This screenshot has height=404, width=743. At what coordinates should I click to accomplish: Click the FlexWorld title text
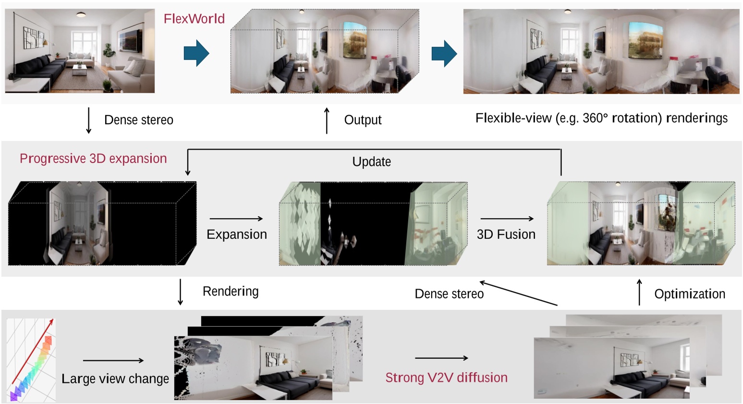194,19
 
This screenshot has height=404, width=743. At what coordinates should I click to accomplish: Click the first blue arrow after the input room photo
196,53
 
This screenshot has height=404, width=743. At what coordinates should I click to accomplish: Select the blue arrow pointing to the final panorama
444,53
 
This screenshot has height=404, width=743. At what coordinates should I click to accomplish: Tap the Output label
363,120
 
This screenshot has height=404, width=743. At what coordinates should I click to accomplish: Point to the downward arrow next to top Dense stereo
88,120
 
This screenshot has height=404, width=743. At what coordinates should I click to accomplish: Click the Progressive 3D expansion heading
93,158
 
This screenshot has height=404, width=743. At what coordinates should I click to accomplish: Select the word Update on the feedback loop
371,162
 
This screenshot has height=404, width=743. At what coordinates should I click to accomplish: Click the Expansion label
236,234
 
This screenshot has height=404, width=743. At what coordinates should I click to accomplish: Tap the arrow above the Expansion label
236,219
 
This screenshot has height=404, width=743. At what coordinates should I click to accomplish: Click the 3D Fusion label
506,234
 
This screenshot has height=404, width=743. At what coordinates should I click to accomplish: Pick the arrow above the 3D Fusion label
507,219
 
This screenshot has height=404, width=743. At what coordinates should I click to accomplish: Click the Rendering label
231,291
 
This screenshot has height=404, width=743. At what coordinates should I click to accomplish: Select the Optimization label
689,294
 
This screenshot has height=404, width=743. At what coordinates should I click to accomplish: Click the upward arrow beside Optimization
639,292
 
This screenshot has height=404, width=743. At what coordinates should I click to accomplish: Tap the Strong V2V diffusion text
446,378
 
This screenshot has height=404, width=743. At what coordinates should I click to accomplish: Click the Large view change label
115,379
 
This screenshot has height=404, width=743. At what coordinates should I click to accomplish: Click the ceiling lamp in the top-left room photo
81,15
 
